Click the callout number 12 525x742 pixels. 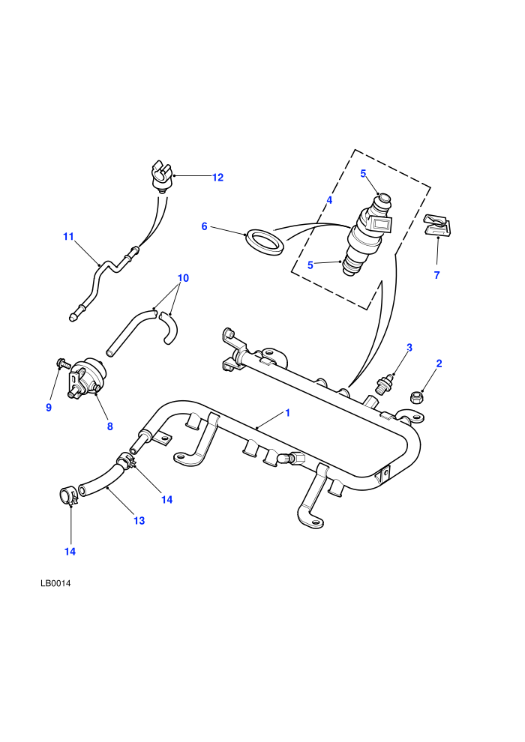[x=217, y=178]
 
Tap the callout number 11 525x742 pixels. [x=69, y=236]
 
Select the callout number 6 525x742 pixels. [x=205, y=226]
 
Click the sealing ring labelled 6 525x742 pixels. [x=265, y=241]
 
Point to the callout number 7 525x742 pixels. [x=437, y=275]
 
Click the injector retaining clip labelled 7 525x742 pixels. [x=437, y=226]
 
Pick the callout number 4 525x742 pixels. [x=329, y=200]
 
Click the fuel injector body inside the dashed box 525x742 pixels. [x=369, y=234]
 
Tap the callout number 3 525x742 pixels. [x=409, y=347]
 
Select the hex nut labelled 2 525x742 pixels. [x=416, y=397]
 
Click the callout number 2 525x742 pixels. [x=439, y=364]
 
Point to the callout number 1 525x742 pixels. [x=287, y=413]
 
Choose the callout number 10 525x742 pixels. [x=183, y=278]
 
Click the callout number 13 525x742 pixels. [x=139, y=521]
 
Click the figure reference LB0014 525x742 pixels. [x=55, y=583]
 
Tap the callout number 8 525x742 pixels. [x=109, y=426]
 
